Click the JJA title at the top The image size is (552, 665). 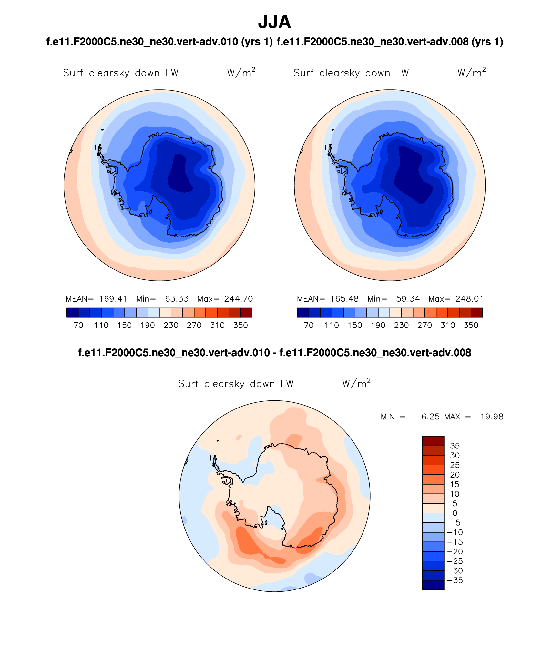[x=274, y=22]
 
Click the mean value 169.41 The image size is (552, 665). [x=113, y=299]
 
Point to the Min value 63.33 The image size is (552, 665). [x=177, y=299]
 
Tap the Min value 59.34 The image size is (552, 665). [x=408, y=299]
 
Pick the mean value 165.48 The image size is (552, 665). [x=344, y=299]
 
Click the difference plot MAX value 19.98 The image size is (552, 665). [x=492, y=417]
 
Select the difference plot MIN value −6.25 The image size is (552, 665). [x=427, y=417]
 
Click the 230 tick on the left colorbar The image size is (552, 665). [x=171, y=325]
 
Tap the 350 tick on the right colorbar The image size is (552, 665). [x=471, y=325]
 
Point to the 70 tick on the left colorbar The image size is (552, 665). [x=78, y=325]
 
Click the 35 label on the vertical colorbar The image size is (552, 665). [x=455, y=446]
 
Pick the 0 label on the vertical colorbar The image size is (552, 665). [x=455, y=513]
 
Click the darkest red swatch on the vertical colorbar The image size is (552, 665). [x=433, y=441]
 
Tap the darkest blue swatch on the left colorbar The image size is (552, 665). [x=72, y=313]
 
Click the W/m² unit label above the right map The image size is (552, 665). [x=471, y=72]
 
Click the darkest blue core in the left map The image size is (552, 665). [x=179, y=174]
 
